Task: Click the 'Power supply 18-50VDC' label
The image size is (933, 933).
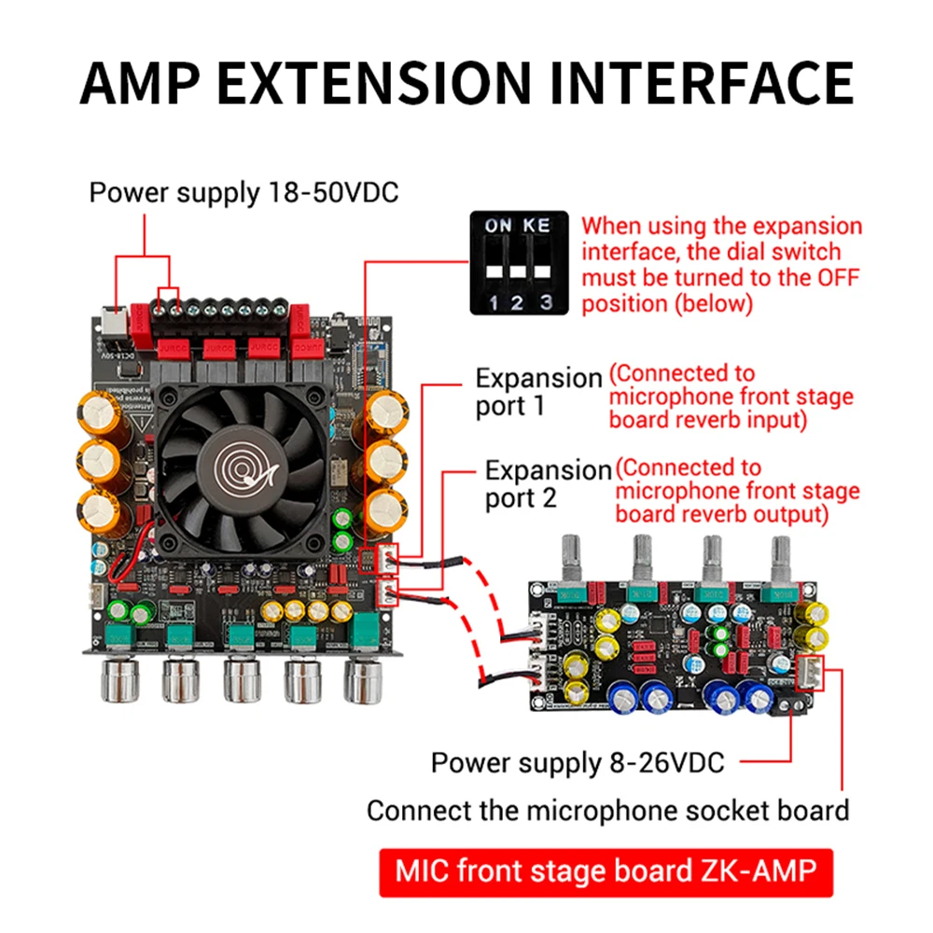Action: tap(244, 193)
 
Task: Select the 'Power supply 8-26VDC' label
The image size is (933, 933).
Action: tap(577, 762)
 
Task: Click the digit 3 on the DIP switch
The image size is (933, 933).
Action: tap(546, 301)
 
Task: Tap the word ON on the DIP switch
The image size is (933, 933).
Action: tap(497, 226)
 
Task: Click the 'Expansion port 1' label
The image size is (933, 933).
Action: tap(538, 392)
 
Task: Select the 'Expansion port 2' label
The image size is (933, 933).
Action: tap(548, 483)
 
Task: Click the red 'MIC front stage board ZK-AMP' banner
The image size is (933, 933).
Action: tap(606, 871)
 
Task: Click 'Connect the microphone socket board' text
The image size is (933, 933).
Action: tap(607, 810)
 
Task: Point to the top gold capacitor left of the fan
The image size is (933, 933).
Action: tap(98, 411)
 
